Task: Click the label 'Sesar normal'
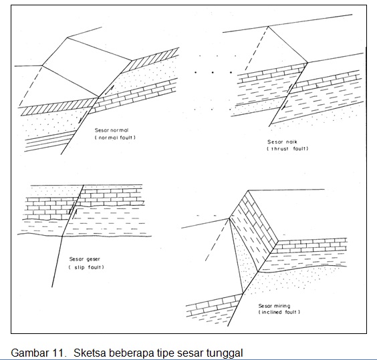(112, 130)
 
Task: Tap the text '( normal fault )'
(115, 138)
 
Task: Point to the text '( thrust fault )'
(287, 149)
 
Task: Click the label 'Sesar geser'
(84, 259)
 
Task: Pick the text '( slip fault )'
(86, 267)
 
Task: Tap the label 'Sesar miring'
(274, 306)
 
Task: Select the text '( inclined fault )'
(279, 312)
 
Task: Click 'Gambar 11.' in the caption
(39, 353)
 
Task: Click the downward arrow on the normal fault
(80, 120)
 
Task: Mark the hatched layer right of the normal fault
(150, 60)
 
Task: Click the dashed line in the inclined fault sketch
(217, 240)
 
